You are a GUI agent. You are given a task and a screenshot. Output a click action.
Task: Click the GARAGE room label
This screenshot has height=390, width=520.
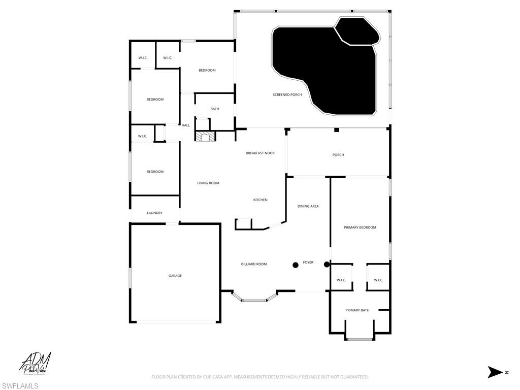175,276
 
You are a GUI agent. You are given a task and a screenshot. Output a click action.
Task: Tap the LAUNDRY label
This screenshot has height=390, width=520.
155,213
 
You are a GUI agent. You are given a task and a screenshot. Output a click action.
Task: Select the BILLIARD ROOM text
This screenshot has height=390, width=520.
254,264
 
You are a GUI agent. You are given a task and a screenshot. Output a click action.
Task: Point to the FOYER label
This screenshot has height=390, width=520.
308,263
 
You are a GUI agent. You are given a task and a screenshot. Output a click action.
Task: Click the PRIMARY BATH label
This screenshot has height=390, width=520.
357,310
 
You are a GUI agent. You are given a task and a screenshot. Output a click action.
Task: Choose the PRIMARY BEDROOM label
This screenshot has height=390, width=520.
360,227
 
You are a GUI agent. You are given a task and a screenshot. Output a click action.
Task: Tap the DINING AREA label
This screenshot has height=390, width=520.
308,206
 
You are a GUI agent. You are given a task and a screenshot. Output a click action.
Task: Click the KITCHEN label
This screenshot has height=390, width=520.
261,200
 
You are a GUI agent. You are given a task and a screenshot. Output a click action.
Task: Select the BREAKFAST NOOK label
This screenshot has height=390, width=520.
260,153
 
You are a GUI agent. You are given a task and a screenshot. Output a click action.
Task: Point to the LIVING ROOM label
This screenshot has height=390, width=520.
208,183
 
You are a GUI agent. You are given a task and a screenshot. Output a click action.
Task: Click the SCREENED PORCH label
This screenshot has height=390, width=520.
287,95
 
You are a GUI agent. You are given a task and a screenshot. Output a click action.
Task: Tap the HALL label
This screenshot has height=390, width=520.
186,125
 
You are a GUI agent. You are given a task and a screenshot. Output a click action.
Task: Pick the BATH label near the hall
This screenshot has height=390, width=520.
215,109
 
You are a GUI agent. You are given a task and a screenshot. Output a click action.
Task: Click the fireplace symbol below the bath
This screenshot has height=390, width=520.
205,136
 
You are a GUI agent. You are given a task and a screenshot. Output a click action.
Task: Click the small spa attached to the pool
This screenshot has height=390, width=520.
357,31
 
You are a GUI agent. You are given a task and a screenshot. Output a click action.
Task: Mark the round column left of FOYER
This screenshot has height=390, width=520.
295,265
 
